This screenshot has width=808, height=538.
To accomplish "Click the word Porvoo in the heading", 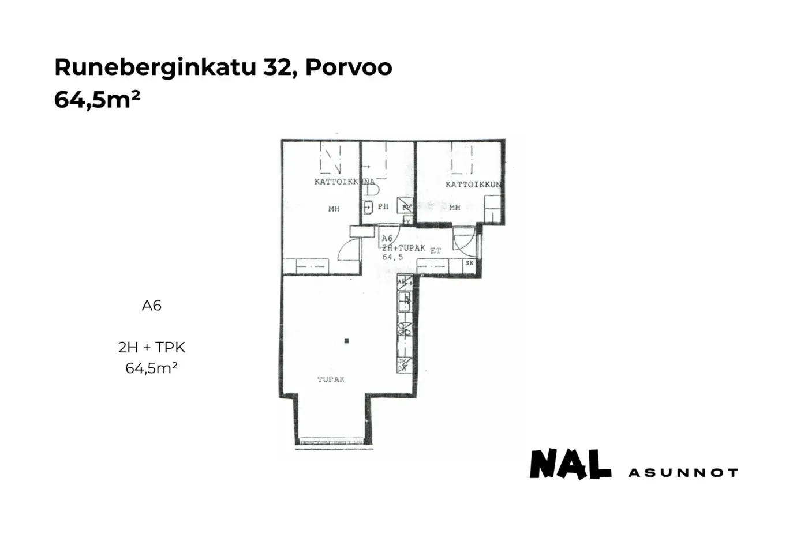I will [349, 67].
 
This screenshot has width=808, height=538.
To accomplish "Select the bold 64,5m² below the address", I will [97, 100].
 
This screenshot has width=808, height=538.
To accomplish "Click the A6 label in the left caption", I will [152, 306].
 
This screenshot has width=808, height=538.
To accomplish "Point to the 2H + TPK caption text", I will [152, 347].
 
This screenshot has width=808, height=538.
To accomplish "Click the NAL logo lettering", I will [570, 464].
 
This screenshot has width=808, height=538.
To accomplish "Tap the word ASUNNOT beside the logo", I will [683, 473].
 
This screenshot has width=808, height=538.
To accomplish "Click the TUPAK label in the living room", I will [331, 379].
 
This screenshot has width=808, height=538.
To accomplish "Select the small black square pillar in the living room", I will [346, 341].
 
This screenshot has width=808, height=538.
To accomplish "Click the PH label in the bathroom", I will [383, 206].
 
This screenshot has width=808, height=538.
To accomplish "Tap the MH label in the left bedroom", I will [334, 209].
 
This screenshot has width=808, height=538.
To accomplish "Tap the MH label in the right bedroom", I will [455, 207].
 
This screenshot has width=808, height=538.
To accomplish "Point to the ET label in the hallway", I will [436, 250].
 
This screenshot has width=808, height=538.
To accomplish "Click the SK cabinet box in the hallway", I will [469, 263].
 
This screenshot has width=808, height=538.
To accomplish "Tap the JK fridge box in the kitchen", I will [404, 364].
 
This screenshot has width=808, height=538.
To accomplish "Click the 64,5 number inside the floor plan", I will [392, 257].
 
